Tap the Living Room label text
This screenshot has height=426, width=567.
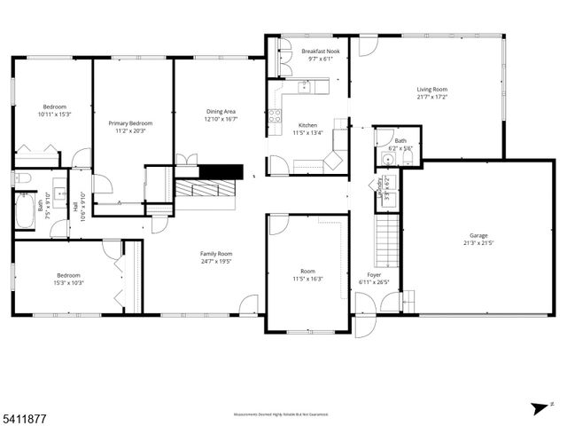(x=432, y=89)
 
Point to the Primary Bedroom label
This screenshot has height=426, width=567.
(x=129, y=123)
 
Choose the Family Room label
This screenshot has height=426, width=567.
(x=215, y=254)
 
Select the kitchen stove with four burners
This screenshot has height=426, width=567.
(x=275, y=114)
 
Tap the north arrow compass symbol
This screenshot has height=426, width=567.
(x=538, y=407)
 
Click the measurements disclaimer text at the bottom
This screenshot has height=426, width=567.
(x=281, y=414)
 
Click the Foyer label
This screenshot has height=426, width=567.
(x=373, y=275)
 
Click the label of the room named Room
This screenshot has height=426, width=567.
(x=307, y=272)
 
